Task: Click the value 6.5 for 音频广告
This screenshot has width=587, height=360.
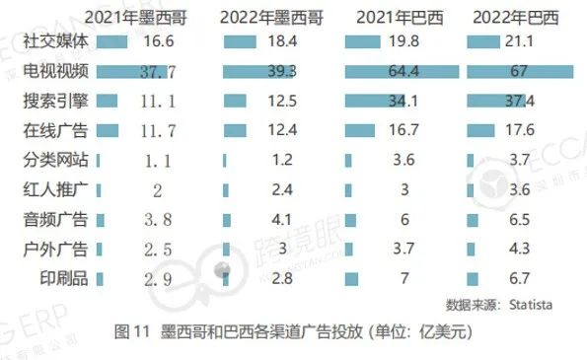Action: coord(522,220)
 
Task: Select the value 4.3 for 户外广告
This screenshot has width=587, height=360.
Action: coord(522,250)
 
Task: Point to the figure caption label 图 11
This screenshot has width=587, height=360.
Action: coord(132,332)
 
